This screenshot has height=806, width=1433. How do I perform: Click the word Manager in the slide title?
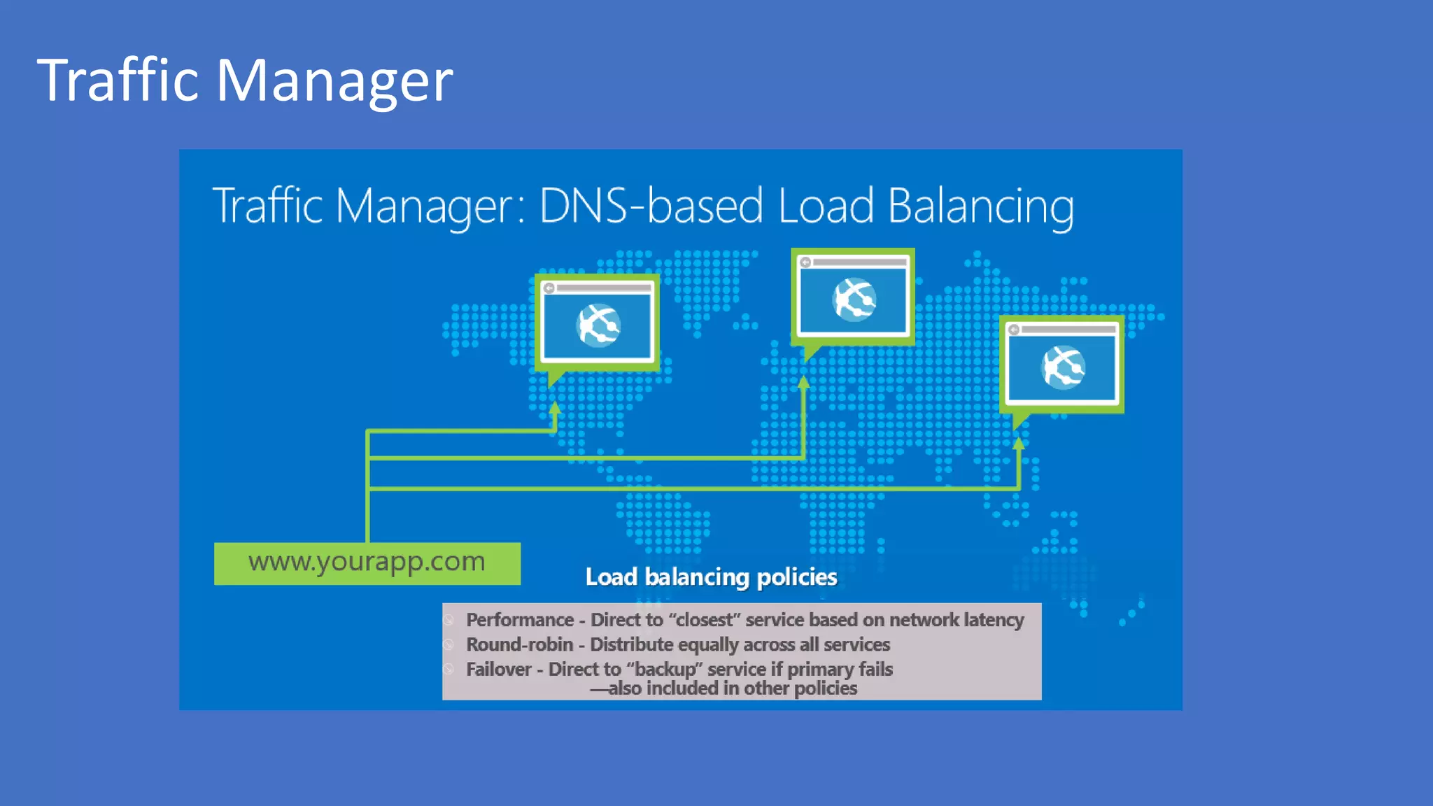coord(334,80)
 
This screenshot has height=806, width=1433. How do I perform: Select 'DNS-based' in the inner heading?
coord(651,206)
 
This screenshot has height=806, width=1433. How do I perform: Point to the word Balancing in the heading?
coord(980,207)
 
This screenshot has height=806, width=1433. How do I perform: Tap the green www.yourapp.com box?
coord(367,563)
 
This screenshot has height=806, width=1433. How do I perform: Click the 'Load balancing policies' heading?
coord(711,577)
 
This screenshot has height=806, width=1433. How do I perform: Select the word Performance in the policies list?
coord(520,620)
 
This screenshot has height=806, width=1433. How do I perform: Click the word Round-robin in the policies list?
coord(519,644)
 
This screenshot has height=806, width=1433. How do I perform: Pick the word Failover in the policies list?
coord(499,670)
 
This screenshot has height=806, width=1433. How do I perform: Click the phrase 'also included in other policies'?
coord(732,688)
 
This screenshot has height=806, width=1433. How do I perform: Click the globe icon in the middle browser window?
coord(854,299)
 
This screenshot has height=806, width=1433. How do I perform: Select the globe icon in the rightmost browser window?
coord(1063,367)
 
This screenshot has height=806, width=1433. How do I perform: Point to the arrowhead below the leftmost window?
coord(555,408)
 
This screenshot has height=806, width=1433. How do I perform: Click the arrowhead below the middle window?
coord(803,383)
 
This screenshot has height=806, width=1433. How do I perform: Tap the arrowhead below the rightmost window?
coord(1019,443)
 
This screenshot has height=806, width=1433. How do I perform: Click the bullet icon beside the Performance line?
coord(449,620)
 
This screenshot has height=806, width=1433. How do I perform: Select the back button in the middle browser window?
coord(805,262)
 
